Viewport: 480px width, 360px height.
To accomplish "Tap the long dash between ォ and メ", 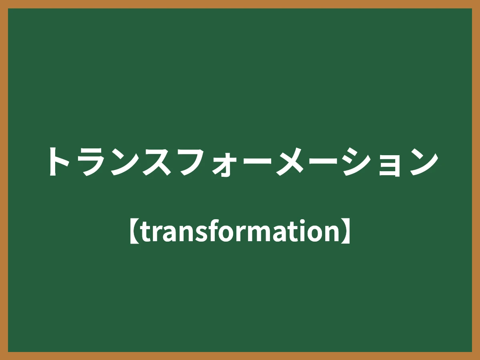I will (258, 162).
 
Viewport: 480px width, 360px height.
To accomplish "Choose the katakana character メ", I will (292, 162).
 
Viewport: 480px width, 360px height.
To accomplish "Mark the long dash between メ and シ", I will (325, 162).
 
